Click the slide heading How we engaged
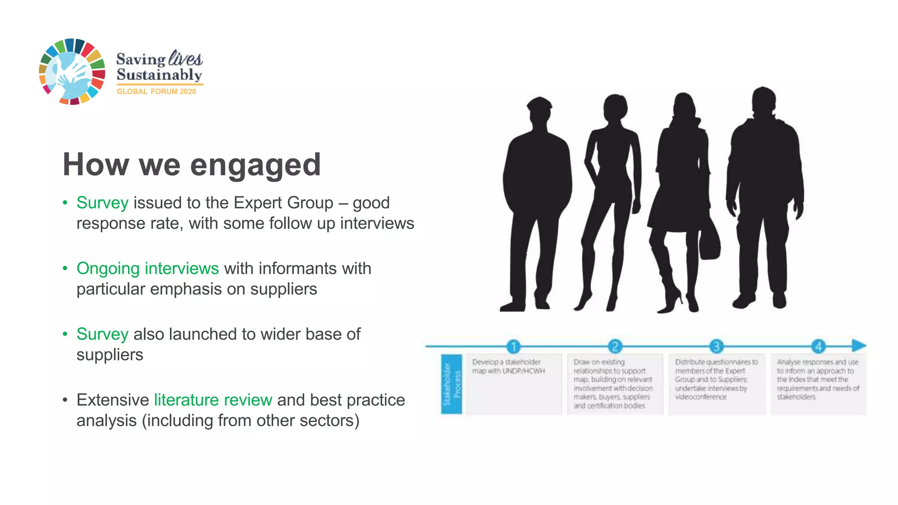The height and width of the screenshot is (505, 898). pos(192,165)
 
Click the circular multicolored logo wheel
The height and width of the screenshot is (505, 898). pos(72,72)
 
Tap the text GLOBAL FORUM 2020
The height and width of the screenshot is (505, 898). pos(156,92)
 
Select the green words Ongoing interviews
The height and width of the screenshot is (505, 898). pos(147,269)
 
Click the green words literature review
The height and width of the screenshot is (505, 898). pos(213,400)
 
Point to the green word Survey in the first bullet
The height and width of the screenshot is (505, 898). pos(102,203)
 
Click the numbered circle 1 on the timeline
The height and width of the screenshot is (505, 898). pos(513,347)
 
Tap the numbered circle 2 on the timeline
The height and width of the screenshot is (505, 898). pos(615,347)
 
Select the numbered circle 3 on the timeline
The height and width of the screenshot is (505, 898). pos(716,347)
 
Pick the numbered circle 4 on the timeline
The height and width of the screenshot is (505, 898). pos(818,347)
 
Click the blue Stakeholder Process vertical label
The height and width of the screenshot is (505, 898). pos(452,384)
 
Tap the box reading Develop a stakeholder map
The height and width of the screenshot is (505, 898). pos(513,384)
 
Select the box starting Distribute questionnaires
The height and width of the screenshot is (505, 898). pos(716,384)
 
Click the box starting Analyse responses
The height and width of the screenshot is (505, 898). pos(818,384)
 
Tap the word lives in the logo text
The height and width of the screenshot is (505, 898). pos(185,58)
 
